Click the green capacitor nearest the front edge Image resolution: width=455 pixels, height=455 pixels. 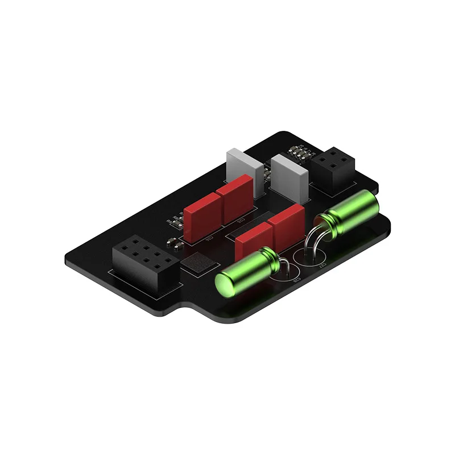pos(246,272)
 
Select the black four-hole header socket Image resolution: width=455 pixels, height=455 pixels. pos(333,167)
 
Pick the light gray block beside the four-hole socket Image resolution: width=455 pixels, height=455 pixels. pos(289,176)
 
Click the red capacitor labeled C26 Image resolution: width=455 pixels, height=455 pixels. pos(202,216)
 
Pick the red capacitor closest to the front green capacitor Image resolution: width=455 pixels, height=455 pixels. pos(254,239)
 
